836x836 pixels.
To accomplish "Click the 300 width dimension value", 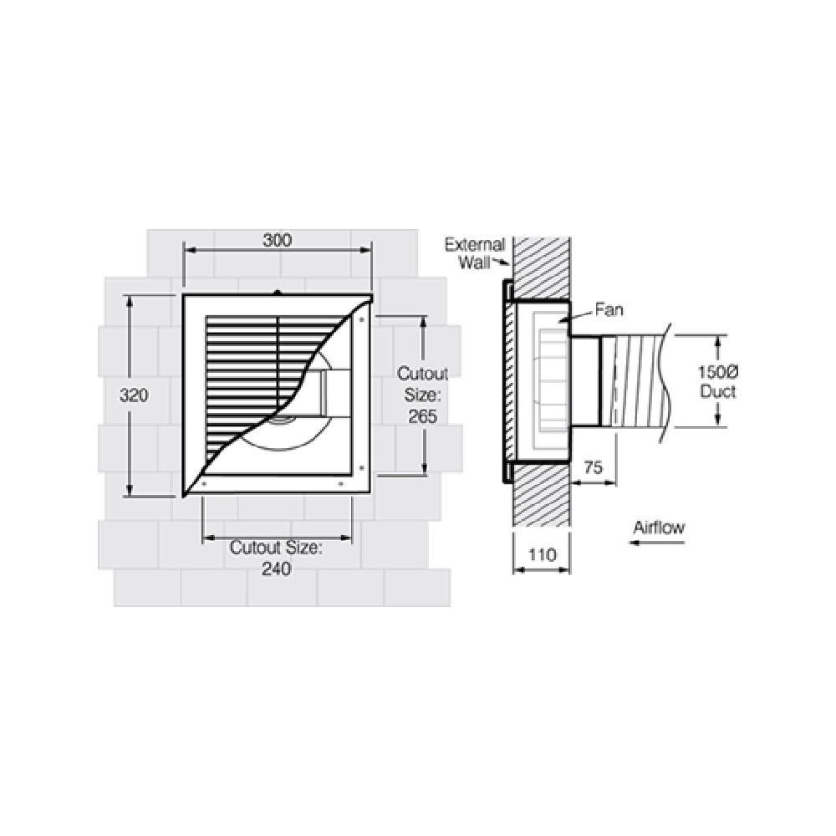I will pyautogui.click(x=277, y=241).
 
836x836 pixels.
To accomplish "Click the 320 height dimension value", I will pyautogui.click(x=134, y=396).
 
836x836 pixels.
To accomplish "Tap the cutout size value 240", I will pyautogui.click(x=276, y=569).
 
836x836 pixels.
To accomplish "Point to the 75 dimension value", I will pyautogui.click(x=594, y=468).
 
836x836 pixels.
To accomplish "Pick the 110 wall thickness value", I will pyautogui.click(x=541, y=553).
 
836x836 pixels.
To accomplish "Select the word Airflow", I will pyautogui.click(x=659, y=528).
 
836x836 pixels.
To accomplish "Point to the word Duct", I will pyautogui.click(x=718, y=391).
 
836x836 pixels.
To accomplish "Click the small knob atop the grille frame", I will pyautogui.click(x=277, y=292).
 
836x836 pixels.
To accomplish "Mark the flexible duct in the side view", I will pyautogui.click(x=640, y=382).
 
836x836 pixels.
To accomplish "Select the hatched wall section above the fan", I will pyautogui.click(x=542, y=268).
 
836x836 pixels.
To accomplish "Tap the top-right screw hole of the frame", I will pyautogui.click(x=361, y=319).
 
